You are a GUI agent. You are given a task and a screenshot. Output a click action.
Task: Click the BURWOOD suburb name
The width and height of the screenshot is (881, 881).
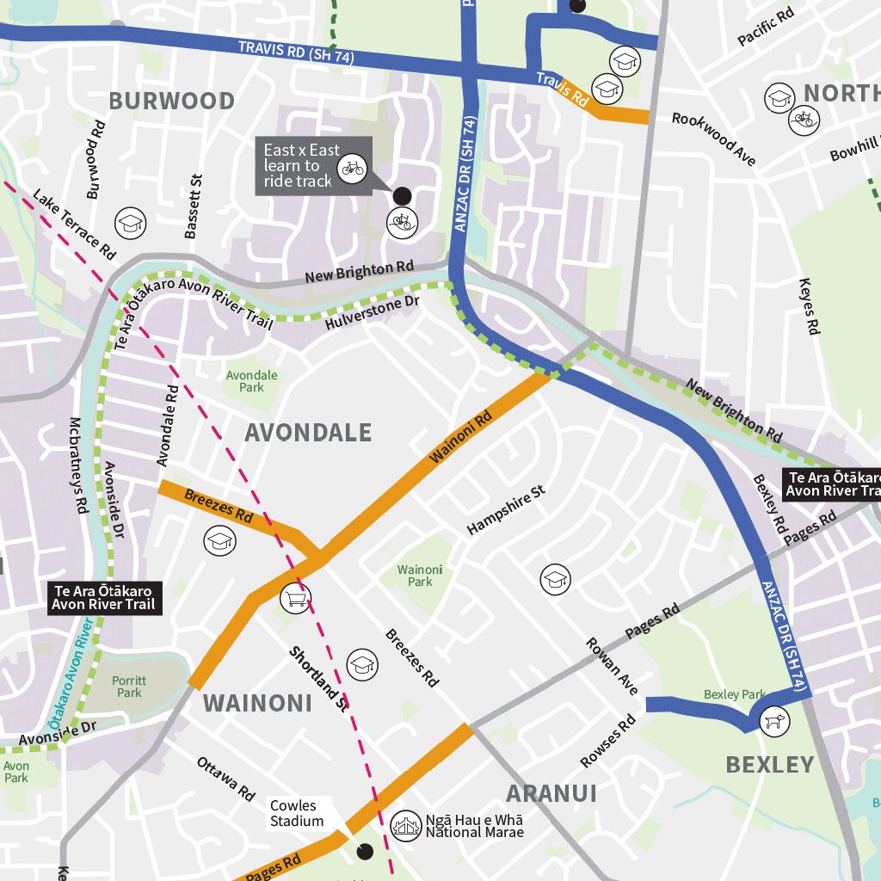(171, 101)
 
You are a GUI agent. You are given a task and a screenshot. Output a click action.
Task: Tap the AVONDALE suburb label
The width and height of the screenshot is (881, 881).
(308, 432)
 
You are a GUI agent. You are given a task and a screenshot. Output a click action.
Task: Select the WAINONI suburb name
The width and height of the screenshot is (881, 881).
(257, 703)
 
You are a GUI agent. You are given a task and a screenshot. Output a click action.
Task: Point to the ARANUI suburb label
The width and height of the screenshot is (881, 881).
(551, 792)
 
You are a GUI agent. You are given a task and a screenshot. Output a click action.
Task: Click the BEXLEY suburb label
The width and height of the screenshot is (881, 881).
(769, 764)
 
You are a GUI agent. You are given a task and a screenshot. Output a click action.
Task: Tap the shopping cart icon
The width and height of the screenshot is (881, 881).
(295, 598)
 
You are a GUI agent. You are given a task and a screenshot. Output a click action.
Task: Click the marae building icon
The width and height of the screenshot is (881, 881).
(405, 826)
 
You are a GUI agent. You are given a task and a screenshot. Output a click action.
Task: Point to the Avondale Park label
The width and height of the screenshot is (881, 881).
(251, 381)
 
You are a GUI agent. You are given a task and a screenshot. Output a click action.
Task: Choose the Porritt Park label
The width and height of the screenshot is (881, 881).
(129, 686)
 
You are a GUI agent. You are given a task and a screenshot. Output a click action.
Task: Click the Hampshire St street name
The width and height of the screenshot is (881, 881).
(506, 510)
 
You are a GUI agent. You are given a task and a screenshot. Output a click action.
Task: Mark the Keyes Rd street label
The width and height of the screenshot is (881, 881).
(810, 306)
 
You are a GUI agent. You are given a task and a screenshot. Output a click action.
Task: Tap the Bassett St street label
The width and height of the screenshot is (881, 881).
(193, 206)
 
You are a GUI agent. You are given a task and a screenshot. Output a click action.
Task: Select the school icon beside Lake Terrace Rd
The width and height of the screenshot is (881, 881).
(131, 224)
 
